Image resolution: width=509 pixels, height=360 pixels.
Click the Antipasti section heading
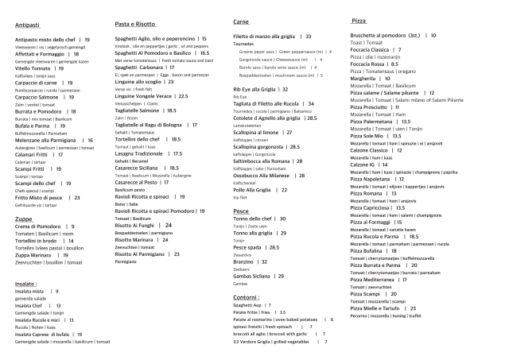(28, 25)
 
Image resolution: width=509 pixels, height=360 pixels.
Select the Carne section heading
(243, 21)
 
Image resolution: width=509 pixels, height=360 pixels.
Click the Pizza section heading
(357, 19)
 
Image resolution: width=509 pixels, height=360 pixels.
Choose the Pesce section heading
(241, 212)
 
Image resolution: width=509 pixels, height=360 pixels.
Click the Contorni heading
(247, 296)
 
